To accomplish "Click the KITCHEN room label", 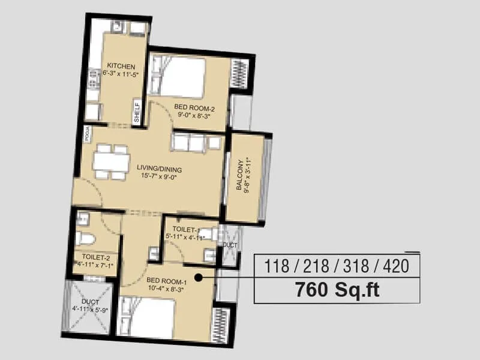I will coord(121,66).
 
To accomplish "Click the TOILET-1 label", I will coord(185,230).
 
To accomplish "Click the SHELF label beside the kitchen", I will coord(136,113).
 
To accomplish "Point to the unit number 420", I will coord(395,265).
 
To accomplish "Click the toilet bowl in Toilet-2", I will coord(86,239).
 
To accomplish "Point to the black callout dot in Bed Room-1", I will coord(196,277).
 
